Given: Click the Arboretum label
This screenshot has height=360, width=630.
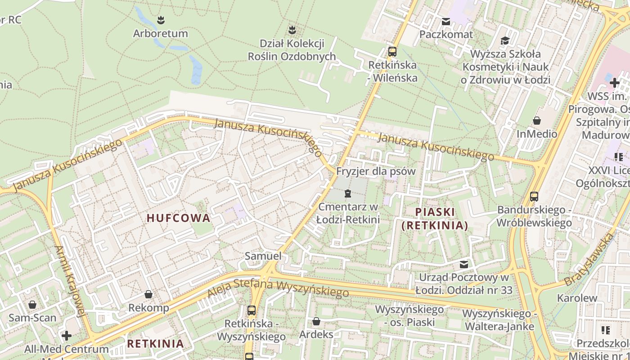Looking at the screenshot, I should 160,34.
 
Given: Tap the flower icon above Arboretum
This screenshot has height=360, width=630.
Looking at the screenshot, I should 161,20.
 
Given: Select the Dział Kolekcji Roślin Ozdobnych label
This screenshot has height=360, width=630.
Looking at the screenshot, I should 292,50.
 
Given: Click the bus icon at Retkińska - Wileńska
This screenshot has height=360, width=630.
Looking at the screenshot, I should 392,51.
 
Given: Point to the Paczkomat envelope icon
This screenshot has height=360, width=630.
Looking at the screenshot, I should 446,21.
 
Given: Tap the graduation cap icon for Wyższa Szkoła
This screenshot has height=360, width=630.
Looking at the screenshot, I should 505,41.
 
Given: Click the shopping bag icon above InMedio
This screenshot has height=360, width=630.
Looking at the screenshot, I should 537,121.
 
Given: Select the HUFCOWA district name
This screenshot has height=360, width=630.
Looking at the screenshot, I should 179,218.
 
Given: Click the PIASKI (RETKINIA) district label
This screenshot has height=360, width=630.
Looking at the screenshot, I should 435,218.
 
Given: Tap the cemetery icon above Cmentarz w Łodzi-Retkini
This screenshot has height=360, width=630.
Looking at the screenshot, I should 347,193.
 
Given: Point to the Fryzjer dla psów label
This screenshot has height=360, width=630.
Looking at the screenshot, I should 376,171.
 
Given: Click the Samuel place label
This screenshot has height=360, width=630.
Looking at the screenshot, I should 263,256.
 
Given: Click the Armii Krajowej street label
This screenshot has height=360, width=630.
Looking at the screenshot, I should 70,281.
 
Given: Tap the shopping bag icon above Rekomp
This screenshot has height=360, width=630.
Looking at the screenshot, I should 148,294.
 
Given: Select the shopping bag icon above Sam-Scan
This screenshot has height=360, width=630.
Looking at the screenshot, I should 32,305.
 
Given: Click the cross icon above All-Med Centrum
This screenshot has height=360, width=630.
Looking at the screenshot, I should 67,336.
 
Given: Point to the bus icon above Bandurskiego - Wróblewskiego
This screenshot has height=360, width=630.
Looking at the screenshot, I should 534,196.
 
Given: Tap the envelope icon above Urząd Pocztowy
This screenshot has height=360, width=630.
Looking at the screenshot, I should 464,264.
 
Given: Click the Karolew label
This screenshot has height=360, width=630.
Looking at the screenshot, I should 577,298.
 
